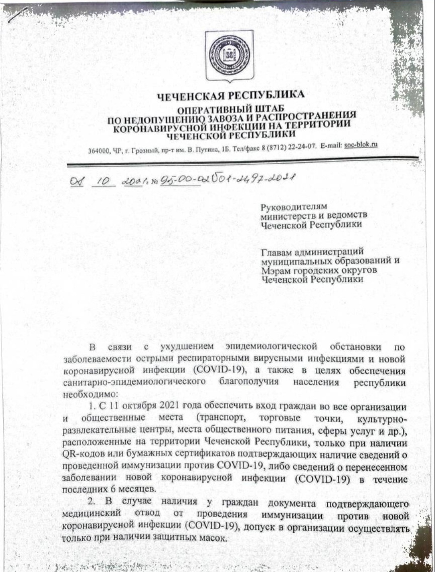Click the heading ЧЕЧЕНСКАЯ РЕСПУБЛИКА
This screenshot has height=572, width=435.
(231, 95)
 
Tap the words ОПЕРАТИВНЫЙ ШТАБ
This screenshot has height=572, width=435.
(231, 110)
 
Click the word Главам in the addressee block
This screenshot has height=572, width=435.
(276, 253)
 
